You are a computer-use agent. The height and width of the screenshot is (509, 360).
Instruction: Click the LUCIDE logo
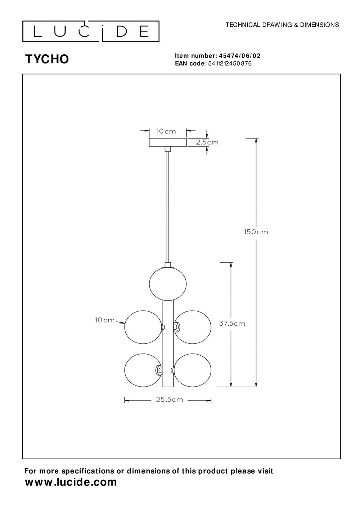click(91, 31)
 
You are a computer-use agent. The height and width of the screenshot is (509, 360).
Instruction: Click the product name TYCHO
click(47, 59)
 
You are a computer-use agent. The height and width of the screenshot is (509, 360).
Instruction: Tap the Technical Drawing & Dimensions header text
click(282, 25)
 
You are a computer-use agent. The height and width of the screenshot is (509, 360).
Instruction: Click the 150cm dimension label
click(256, 232)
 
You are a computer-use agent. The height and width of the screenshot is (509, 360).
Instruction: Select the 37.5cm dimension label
click(232, 323)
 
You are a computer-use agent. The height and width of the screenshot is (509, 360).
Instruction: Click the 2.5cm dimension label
click(207, 142)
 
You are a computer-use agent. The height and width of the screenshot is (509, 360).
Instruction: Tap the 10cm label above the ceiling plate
click(166, 131)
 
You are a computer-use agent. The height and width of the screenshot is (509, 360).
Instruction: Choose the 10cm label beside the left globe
click(105, 320)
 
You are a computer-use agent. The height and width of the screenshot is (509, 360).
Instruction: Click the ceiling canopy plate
click(168, 143)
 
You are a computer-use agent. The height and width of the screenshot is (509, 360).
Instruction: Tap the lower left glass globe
click(142, 370)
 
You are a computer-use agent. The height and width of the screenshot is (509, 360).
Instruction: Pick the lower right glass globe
click(193, 370)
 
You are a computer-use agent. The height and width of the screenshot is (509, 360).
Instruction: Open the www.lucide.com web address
click(71, 482)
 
